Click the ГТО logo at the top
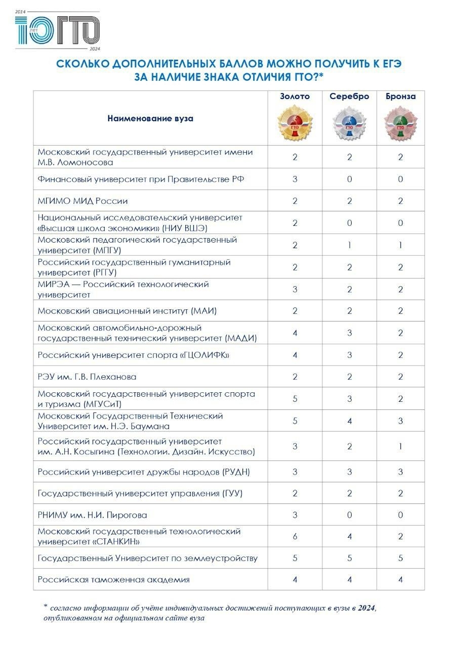(x=57, y=30)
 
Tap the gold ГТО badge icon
(x=295, y=123)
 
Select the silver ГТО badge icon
(x=349, y=123)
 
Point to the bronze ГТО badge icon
(x=400, y=123)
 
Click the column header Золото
(x=295, y=97)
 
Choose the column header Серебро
(x=349, y=97)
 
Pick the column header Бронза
(x=400, y=97)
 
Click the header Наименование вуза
(x=150, y=118)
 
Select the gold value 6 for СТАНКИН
(x=295, y=537)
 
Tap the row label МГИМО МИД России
(x=82, y=201)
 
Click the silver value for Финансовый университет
(x=349, y=179)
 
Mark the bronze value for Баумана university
(x=400, y=421)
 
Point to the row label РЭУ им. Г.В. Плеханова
(x=87, y=377)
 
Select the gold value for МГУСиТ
(x=295, y=399)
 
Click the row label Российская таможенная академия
(x=114, y=579)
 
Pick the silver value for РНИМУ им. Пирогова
(x=349, y=515)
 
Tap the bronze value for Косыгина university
(x=400, y=446)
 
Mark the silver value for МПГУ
(x=349, y=245)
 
